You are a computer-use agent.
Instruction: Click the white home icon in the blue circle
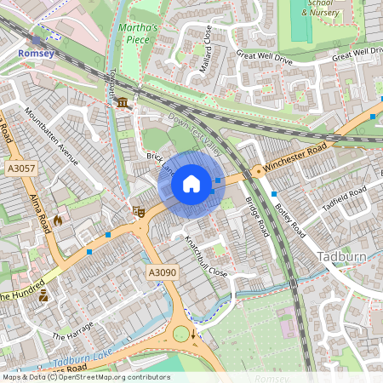[191, 183]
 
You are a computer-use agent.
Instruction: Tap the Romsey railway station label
[36, 53]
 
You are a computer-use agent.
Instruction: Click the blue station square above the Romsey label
[36, 39]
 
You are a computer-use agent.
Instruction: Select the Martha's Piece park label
[140, 33]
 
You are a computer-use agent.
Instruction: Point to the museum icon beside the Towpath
[124, 104]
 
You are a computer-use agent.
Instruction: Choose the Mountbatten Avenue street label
[51, 136]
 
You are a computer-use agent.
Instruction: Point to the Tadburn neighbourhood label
[340, 256]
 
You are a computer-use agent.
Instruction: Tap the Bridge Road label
[256, 217]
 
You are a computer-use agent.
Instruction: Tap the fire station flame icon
[58, 220]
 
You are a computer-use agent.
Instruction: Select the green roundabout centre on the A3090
[181, 334]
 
